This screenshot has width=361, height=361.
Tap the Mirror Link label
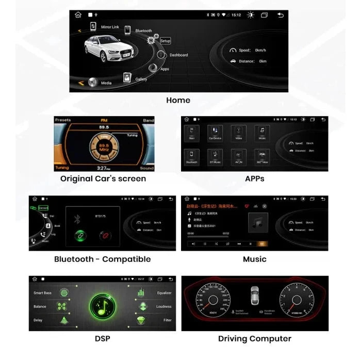(x=110, y=27)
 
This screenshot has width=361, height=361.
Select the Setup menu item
(x=165, y=41)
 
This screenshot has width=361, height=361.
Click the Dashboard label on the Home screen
(x=178, y=55)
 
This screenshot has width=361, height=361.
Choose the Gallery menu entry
(x=141, y=79)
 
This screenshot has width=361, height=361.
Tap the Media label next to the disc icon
(x=106, y=83)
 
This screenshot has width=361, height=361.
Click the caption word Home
(x=178, y=100)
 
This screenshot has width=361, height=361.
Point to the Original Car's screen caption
(x=103, y=179)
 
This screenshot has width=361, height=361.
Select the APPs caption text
(x=255, y=179)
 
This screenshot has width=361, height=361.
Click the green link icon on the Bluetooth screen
(x=80, y=236)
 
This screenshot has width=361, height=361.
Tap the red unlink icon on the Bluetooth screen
(x=106, y=236)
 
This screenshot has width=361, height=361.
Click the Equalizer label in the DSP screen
(x=163, y=293)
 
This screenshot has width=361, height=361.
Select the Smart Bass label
(x=43, y=293)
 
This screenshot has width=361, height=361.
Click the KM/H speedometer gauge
(x=212, y=302)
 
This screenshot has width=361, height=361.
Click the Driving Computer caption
(x=255, y=339)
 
